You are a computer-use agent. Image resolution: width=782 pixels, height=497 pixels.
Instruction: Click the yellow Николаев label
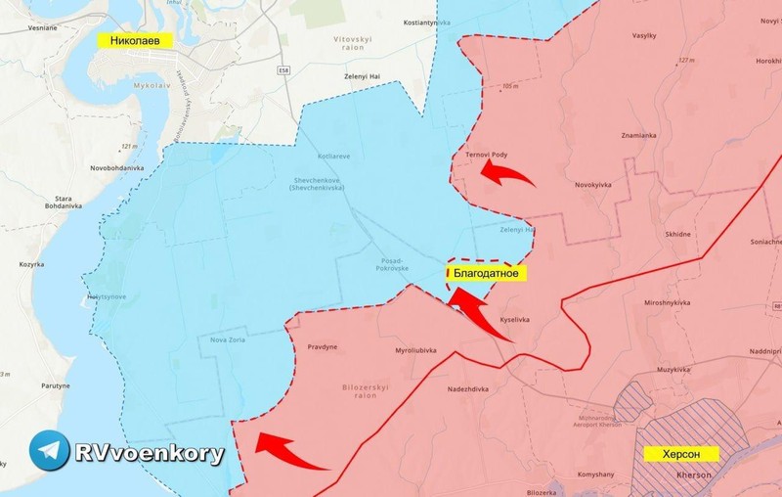click(136, 40)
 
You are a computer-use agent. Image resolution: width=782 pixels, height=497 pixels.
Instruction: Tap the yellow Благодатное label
click(486, 274)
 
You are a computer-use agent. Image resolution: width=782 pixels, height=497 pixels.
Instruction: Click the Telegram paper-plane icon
click(50, 450)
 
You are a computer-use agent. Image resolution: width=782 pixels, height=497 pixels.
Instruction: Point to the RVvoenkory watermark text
click(150, 453)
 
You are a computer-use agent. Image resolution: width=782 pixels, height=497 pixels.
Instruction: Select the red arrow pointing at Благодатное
click(479, 314)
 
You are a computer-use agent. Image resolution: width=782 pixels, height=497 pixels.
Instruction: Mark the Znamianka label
click(639, 135)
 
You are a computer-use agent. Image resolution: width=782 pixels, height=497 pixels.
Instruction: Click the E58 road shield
click(283, 70)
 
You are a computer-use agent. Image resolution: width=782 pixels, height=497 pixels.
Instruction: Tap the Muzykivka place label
click(674, 369)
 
